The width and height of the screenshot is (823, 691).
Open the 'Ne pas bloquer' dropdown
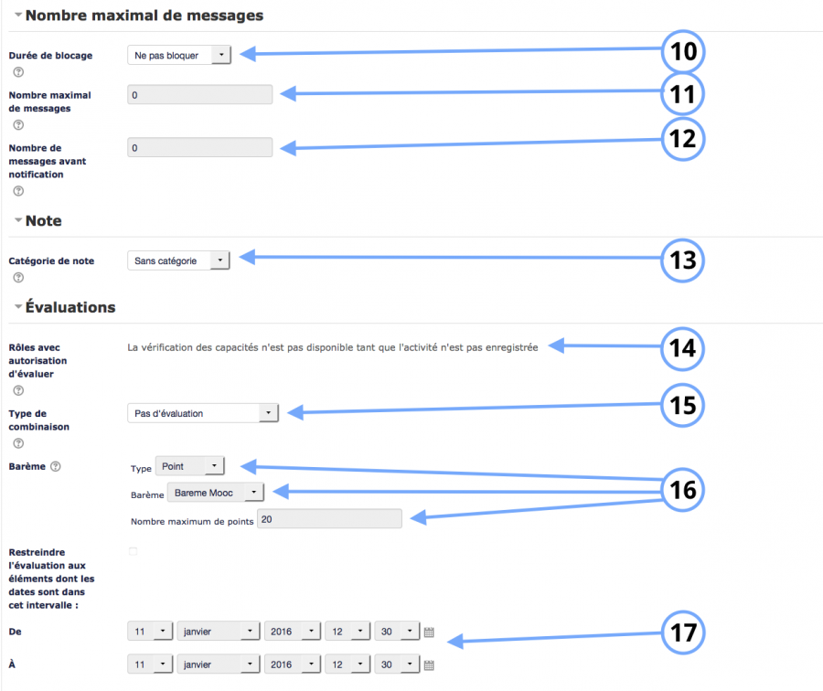click(x=179, y=55)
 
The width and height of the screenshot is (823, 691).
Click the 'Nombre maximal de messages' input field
click(x=200, y=95)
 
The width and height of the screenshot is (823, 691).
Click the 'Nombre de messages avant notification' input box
click(x=200, y=147)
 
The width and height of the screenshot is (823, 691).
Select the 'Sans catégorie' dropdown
click(x=178, y=260)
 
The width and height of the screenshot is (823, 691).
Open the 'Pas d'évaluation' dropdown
click(x=203, y=413)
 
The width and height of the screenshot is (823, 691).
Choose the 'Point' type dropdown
click(x=190, y=466)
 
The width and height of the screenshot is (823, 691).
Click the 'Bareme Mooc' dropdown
click(x=216, y=493)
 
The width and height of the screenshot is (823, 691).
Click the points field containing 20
click(x=329, y=519)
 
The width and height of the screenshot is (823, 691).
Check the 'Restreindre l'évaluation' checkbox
click(x=134, y=551)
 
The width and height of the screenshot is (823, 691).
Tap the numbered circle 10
click(x=683, y=51)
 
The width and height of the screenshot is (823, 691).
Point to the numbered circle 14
click(x=682, y=348)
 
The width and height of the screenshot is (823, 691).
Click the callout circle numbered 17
click(x=683, y=633)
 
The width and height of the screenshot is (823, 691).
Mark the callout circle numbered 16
click(x=682, y=490)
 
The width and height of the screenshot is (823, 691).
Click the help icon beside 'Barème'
click(x=56, y=466)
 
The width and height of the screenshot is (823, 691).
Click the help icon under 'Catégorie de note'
click(x=18, y=278)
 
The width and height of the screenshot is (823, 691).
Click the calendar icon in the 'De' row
click(x=429, y=633)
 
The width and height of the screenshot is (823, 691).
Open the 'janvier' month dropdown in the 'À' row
click(x=219, y=664)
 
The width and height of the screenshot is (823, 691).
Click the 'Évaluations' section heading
click(x=70, y=307)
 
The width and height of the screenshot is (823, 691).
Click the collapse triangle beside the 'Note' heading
click(x=18, y=220)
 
